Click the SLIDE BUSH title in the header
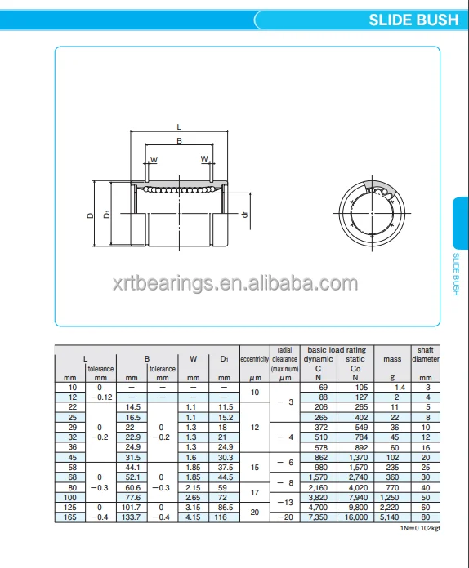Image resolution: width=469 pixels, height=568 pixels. (x=413, y=20)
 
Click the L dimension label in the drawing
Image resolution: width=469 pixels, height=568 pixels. (x=179, y=126)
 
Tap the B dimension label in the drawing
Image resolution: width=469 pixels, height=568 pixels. (x=179, y=141)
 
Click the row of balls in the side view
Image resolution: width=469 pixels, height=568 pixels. (x=179, y=189)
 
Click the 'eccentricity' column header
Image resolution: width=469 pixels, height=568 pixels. (x=255, y=358)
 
